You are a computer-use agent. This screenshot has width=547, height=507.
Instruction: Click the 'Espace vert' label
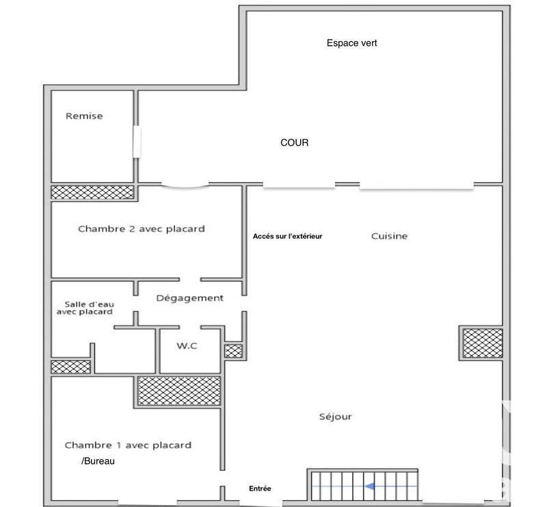click(351, 43)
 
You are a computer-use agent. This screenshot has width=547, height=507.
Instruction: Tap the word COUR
click(294, 143)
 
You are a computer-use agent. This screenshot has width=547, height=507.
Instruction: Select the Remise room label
click(84, 116)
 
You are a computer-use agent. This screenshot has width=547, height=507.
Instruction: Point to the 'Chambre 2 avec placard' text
click(141, 229)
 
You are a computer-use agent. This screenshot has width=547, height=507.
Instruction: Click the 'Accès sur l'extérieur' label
click(287, 236)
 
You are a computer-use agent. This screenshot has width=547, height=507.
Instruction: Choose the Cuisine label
click(389, 236)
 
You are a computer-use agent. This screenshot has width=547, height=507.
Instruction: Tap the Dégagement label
click(189, 298)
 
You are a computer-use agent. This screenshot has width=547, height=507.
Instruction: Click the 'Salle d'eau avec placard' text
click(84, 308)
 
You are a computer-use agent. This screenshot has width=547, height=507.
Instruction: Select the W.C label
click(187, 346)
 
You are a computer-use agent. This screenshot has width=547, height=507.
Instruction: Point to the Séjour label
click(335, 417)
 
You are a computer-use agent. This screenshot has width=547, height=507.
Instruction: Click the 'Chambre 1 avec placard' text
click(128, 445)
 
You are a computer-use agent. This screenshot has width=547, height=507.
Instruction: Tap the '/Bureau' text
click(98, 462)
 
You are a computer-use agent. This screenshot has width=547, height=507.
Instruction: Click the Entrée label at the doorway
click(260, 489)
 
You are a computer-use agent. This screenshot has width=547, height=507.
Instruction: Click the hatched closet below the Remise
click(92, 192)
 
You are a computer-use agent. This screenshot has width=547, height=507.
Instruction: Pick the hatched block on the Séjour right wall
click(482, 343)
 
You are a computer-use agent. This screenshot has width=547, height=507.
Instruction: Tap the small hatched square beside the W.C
click(233, 351)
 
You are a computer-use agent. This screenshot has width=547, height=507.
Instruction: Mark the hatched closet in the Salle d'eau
click(70, 367)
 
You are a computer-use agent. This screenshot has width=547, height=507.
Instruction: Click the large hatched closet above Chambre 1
click(179, 390)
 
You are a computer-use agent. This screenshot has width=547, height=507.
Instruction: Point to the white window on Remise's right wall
click(137, 142)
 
